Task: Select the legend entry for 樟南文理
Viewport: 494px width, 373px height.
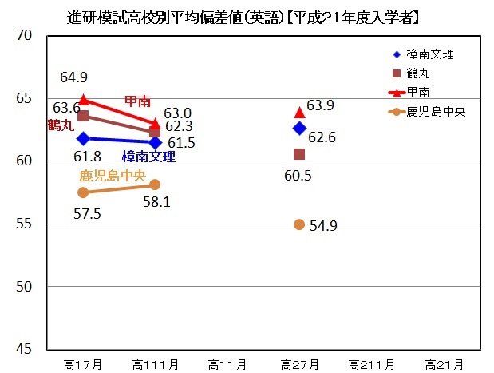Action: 429,55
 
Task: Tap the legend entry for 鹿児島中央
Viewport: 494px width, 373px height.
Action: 436,113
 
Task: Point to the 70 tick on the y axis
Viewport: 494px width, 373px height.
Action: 23,36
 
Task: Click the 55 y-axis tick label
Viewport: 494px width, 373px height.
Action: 23,224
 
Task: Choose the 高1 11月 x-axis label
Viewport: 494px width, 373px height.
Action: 155,365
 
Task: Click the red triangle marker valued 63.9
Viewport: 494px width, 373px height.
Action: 299,112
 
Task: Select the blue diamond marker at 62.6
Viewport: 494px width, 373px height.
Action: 299,128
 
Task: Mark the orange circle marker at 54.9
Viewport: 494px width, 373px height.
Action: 299,224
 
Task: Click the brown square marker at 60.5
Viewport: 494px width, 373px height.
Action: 299,154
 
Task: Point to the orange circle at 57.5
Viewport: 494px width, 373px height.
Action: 83,192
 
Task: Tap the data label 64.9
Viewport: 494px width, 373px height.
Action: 73,77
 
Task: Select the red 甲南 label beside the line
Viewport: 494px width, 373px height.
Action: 137,101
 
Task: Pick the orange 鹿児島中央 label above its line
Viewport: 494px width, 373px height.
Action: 112,176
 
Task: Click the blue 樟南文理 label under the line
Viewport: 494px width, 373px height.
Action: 148,157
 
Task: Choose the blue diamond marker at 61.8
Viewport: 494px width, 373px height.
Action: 83,138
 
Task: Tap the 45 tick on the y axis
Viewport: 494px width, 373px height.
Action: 23,349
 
